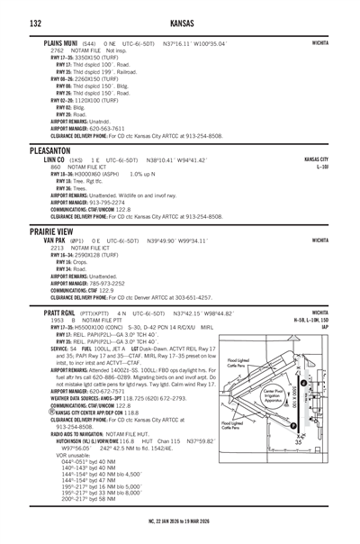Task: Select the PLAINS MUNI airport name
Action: (x=56, y=41)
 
